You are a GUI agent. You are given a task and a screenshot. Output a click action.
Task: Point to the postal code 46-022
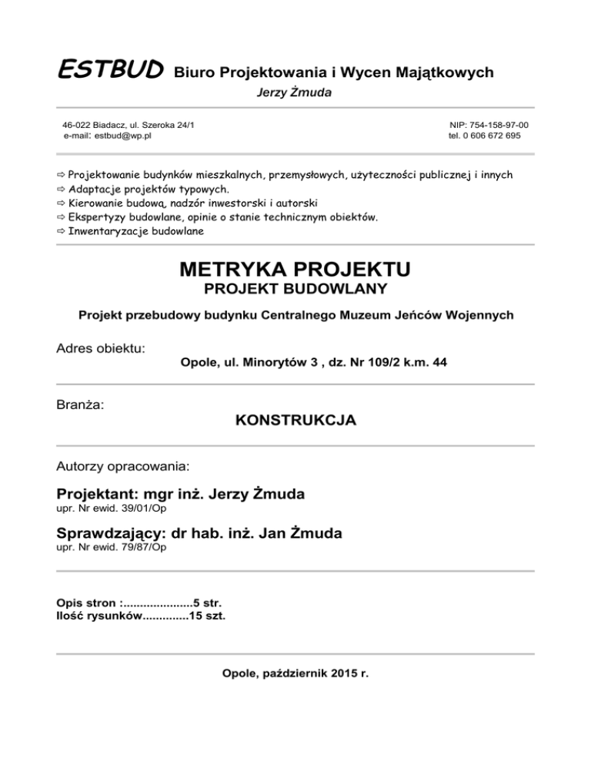[x=78, y=124]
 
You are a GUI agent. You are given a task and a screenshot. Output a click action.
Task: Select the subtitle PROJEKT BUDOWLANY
[x=295, y=290]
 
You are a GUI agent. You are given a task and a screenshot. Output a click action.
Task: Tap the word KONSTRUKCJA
[x=295, y=421]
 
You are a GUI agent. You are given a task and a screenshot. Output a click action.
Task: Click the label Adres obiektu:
[x=101, y=349]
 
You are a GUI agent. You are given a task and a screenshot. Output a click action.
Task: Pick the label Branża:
[x=81, y=403]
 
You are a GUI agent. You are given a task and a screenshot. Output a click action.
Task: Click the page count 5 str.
[x=208, y=602]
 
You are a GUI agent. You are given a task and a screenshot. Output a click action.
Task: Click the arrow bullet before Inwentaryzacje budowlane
[x=62, y=231]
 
